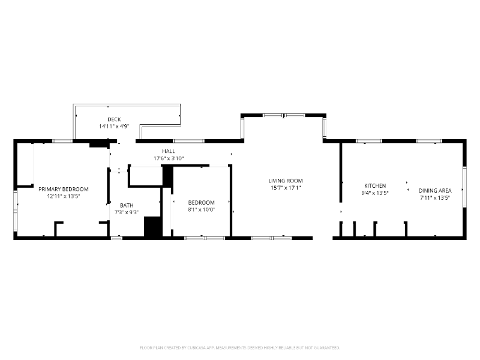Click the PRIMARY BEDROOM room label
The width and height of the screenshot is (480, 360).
pyautogui.click(x=63, y=188)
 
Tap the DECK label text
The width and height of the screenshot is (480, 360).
pyautogui.click(x=114, y=119)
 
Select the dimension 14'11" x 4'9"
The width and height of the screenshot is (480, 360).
pyautogui.click(x=114, y=127)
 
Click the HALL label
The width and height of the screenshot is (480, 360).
pyautogui.click(x=168, y=151)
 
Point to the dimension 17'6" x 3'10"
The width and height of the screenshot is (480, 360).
pyautogui.click(x=168, y=158)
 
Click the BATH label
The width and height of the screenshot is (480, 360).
pyautogui.click(x=126, y=205)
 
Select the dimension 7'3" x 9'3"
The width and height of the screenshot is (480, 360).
pyautogui.click(x=126, y=212)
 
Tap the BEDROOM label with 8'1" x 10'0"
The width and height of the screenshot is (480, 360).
pyautogui.click(x=201, y=202)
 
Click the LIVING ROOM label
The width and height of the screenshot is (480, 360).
pyautogui.click(x=286, y=181)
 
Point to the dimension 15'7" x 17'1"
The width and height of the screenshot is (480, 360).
pyautogui.click(x=286, y=188)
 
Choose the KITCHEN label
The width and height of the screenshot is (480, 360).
pyautogui.click(x=375, y=186)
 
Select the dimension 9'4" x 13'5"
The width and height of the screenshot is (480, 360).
pyautogui.click(x=375, y=193)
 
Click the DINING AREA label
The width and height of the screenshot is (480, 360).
pyautogui.click(x=435, y=190)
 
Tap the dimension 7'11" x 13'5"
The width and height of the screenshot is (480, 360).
pyautogui.click(x=435, y=197)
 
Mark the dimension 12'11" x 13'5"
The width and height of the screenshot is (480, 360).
pyautogui.click(x=63, y=196)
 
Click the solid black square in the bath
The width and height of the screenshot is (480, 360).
pyautogui.click(x=152, y=227)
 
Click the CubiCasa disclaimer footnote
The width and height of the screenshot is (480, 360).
pyautogui.click(x=240, y=347)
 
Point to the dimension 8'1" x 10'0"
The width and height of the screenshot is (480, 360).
pyautogui.click(x=201, y=209)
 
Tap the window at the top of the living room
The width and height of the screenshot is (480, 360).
pyautogui.click(x=283, y=115)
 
